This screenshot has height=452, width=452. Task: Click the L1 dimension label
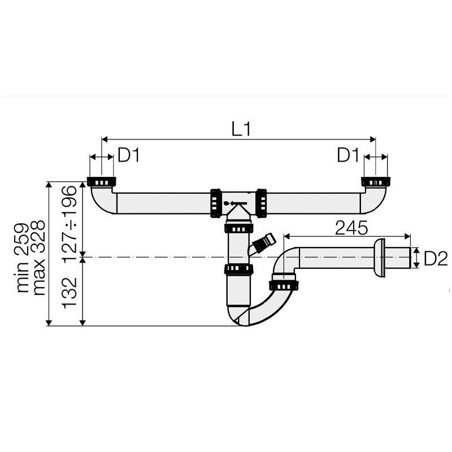pos(241,128)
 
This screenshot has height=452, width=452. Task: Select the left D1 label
pos(129,156)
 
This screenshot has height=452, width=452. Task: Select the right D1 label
pos(349,156)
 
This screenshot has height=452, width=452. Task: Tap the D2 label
pos(436,258)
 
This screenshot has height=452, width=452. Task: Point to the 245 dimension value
pos(351,228)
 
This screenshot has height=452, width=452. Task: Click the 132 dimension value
pos(69,292)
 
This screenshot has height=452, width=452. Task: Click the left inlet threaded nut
pos(102,182)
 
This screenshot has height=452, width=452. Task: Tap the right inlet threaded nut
pos(375,182)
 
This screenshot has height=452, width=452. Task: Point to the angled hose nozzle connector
pos(263,244)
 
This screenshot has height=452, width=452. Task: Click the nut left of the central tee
pos(215,202)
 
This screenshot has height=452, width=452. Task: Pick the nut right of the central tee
pos(262,202)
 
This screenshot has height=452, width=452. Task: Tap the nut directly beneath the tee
pos(238,228)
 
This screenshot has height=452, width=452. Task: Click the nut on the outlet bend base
pos(284,282)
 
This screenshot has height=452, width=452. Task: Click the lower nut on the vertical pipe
pos(238,269)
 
